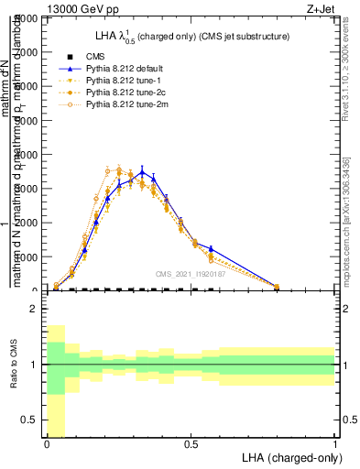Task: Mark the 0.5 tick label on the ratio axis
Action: [x=28, y=420]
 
